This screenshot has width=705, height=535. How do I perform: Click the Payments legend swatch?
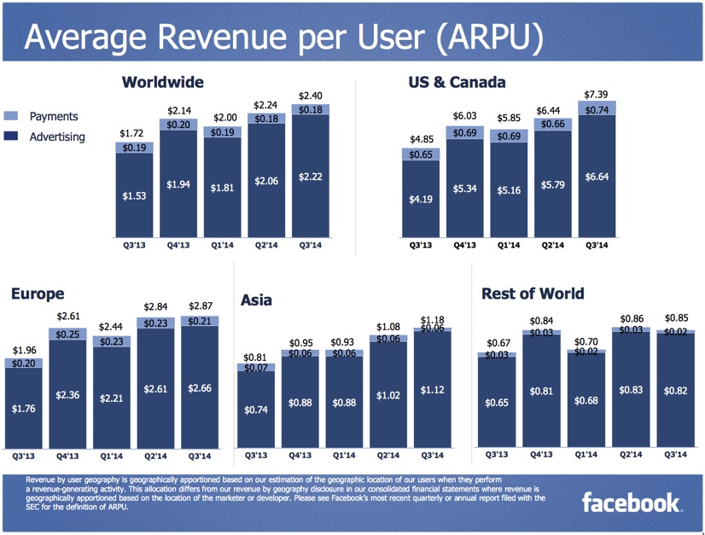coord(10,116)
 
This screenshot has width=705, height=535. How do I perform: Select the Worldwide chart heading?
coord(162,82)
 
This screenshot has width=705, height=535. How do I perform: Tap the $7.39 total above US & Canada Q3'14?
coord(597,94)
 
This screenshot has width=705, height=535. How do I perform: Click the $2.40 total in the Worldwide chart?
coord(310,96)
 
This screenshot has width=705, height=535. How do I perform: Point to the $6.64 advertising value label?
coord(597,177)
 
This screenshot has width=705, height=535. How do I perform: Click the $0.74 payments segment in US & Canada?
coord(597,110)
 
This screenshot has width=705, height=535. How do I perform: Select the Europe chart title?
coord(37,293)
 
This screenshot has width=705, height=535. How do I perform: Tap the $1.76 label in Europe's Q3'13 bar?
coord(25,409)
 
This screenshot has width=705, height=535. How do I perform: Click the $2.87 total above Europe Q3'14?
coord(201,306)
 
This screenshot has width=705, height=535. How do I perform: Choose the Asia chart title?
coord(257,300)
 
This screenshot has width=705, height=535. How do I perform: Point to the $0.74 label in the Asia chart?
coord(256,410)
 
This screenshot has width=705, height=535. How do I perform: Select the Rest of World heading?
coord(533,294)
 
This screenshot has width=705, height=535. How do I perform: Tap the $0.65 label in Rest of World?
coord(497,402)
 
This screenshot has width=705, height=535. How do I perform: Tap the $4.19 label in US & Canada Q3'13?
coord(422,201)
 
